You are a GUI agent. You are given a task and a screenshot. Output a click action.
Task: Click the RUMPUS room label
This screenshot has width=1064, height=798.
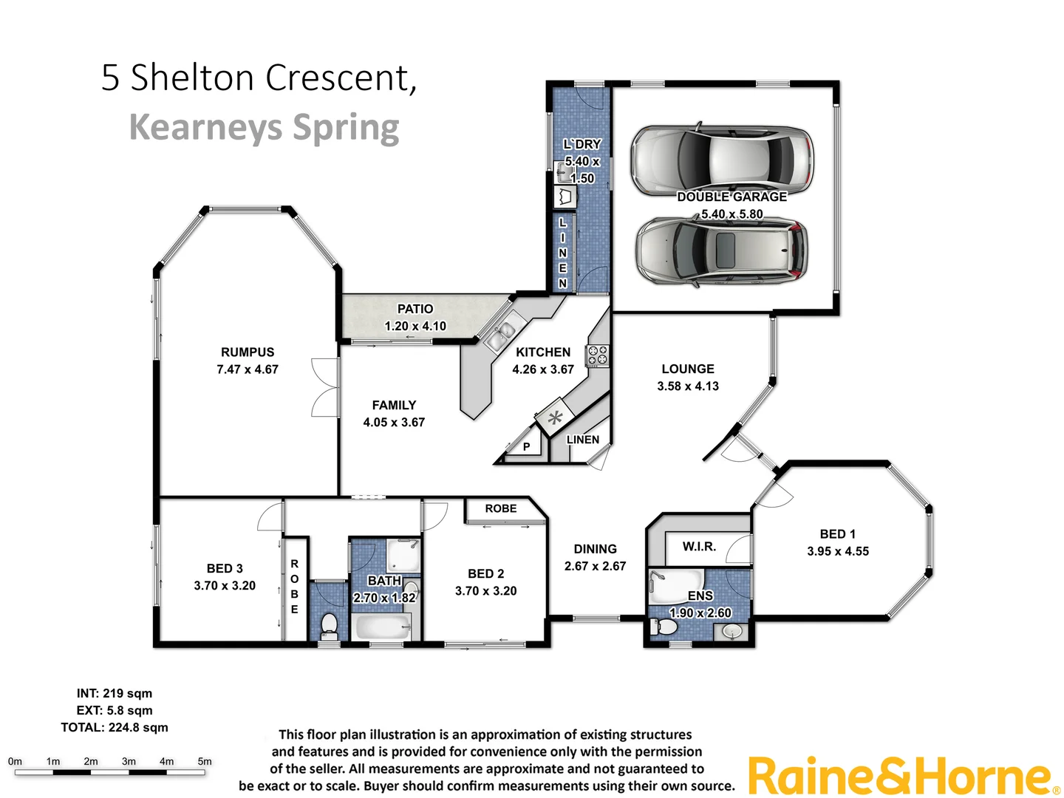[x=247, y=352]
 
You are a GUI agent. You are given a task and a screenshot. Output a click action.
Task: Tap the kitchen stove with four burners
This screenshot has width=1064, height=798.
[x=597, y=355]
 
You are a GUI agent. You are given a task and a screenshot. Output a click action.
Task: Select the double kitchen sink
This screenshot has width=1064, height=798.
[x=500, y=336]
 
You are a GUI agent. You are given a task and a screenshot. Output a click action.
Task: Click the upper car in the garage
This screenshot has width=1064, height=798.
[x=721, y=160]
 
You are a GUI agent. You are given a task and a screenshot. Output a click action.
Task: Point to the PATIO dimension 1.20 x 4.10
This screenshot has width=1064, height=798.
[x=415, y=326]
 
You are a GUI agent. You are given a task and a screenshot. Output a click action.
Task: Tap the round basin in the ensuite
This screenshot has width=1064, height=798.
[x=731, y=632]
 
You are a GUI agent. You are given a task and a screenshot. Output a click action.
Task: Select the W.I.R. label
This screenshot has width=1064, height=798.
[x=698, y=547]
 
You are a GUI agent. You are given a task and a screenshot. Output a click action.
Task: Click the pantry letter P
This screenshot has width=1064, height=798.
[x=526, y=446]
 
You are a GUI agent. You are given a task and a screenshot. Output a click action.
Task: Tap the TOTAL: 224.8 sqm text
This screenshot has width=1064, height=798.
[x=115, y=728]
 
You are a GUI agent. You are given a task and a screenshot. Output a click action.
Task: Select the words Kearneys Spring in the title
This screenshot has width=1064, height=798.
[x=264, y=127]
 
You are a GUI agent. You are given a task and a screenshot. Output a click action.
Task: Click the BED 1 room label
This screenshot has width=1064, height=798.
[x=837, y=534]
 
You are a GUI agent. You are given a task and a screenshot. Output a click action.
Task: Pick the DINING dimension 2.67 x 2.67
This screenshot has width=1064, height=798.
[x=595, y=566]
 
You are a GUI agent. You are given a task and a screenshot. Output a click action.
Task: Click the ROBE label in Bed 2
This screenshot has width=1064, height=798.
[x=500, y=509]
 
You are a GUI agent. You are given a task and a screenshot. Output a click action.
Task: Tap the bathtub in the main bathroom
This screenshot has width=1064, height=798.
[x=381, y=628]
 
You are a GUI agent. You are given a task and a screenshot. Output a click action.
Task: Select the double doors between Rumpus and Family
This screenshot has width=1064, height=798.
[x=326, y=388]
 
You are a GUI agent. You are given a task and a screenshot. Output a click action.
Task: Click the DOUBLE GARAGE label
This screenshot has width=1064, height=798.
[x=731, y=197]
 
